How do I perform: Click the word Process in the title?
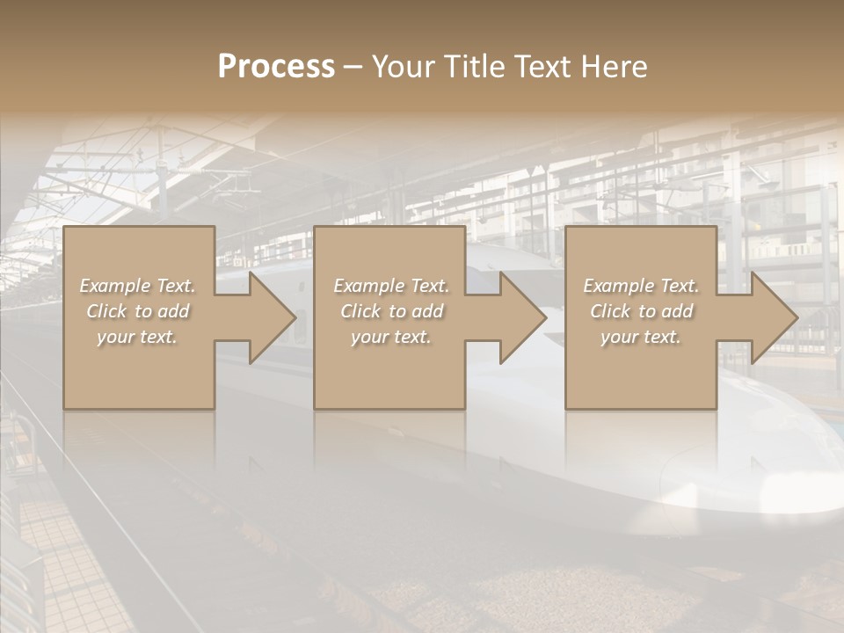[x=276, y=67]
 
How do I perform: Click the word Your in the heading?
[x=401, y=67]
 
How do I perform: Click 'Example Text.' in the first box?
[x=137, y=286]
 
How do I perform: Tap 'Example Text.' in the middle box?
[x=391, y=286]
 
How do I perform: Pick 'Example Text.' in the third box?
[x=641, y=286]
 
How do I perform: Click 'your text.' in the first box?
[x=137, y=337]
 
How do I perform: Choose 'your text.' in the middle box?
[x=391, y=337]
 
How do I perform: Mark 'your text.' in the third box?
[x=641, y=337]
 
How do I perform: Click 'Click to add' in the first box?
[x=137, y=311]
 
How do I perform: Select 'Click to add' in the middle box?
[x=391, y=311]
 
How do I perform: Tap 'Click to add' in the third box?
[x=641, y=311]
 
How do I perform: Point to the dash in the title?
[x=353, y=68]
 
